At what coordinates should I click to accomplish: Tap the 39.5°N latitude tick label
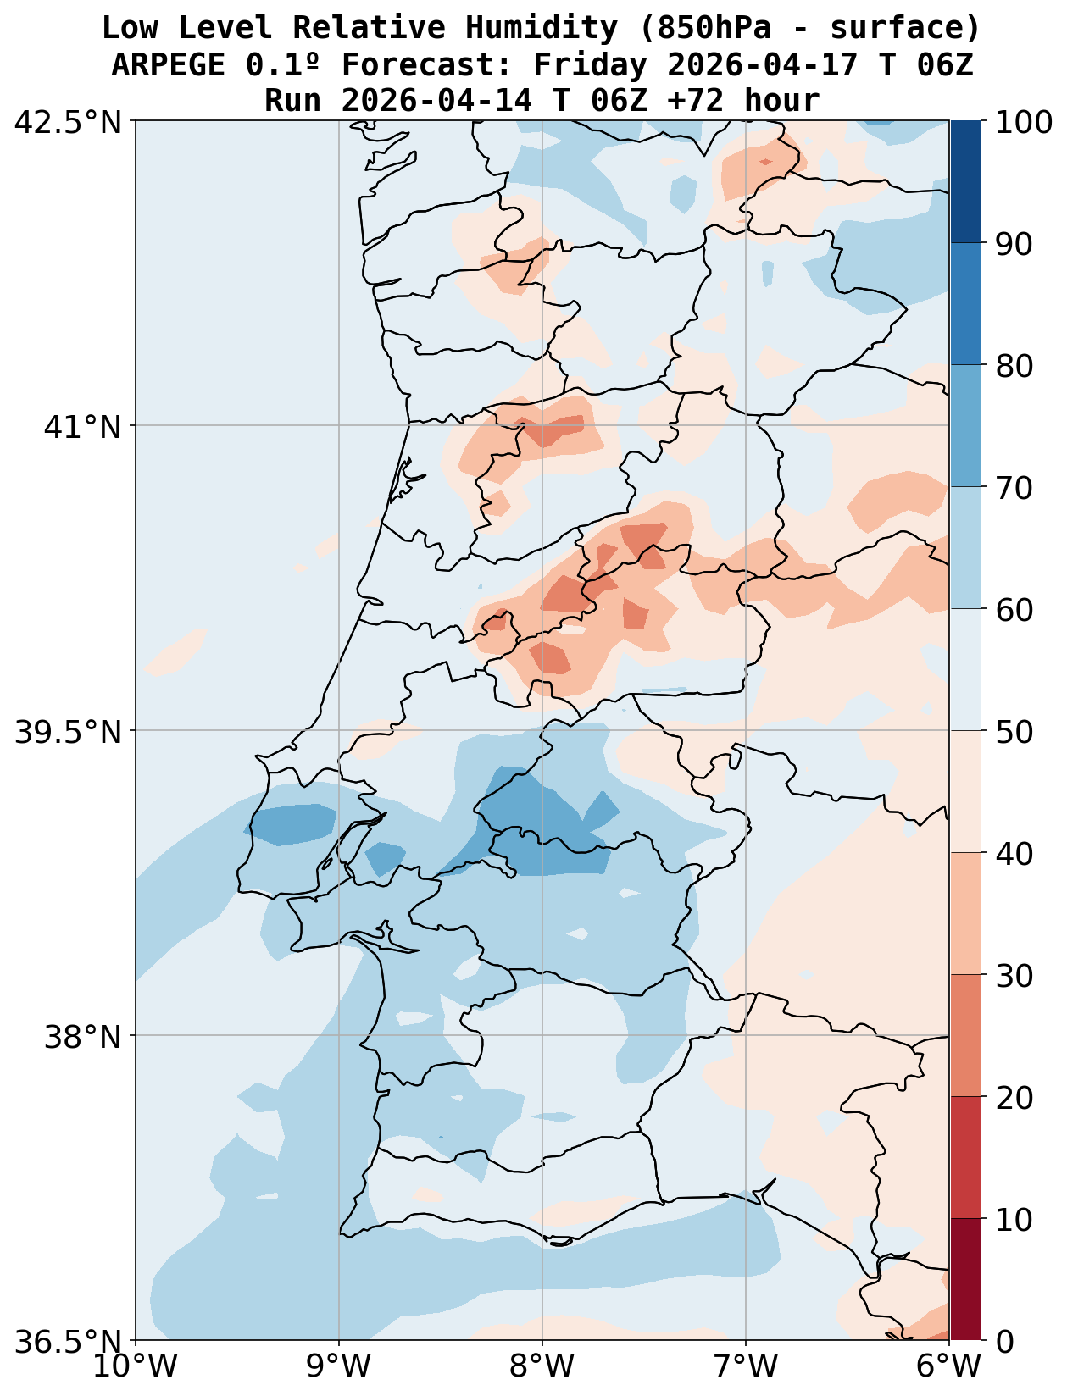[x=68, y=731]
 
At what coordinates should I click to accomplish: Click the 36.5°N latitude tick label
[x=68, y=1341]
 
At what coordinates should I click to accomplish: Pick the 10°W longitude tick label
[x=136, y=1366]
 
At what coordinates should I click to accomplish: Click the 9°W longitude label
[x=339, y=1366]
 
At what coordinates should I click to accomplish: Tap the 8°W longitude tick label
[x=542, y=1366]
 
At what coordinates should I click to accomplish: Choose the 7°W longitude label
[x=746, y=1366]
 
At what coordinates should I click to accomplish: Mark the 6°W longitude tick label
[x=949, y=1366]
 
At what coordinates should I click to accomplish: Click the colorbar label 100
[x=1024, y=122]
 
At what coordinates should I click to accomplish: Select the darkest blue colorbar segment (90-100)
[x=965, y=182]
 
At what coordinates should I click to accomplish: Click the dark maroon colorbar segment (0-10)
[x=965, y=1279]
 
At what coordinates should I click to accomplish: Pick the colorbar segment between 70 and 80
[x=965, y=426]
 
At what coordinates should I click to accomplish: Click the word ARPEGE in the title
[x=168, y=64]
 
